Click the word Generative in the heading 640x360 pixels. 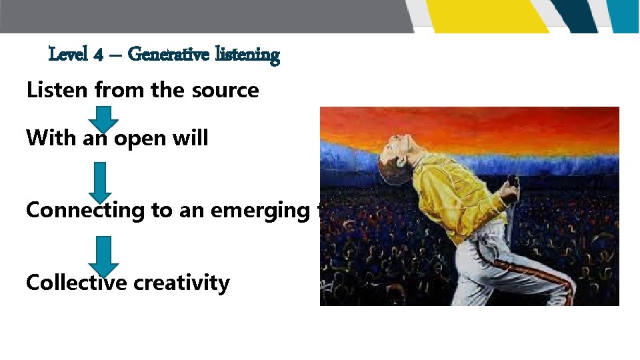pos(169,54)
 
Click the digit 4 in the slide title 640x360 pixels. pos(98,55)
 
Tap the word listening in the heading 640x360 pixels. pos(247,55)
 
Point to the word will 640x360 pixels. pos(191,138)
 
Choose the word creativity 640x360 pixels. pos(181,283)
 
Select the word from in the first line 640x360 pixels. pos(121,90)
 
